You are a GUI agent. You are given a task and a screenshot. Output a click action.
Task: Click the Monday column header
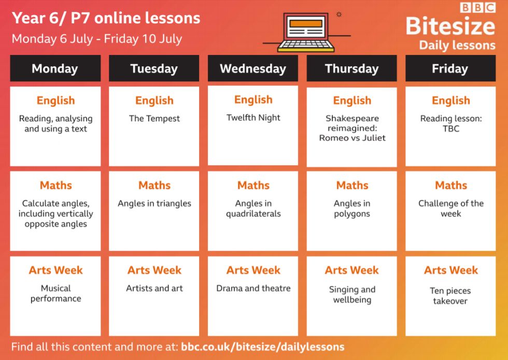pos(55,68)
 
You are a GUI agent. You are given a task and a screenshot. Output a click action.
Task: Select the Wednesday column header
pos(253,68)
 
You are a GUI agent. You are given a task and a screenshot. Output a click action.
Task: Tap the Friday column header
pos(450,68)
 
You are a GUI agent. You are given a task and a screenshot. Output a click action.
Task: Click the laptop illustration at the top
pos(306,32)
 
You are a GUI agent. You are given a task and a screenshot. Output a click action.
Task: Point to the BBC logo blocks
pos(478,7)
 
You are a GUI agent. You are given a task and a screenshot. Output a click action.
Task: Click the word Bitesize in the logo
pos(450,26)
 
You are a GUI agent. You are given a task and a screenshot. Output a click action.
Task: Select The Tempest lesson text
pos(154,119)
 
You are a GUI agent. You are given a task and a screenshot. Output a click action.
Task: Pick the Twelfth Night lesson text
pos(253,118)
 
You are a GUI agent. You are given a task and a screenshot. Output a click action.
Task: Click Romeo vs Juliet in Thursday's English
pos(352,138)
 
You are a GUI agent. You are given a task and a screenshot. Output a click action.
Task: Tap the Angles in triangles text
pos(154,203)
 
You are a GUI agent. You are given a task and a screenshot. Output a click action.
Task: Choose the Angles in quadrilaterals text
pos(253,208)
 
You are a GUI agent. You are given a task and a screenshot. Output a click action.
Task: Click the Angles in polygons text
pos(352,208)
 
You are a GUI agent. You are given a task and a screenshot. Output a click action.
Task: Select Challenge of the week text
pos(451,208)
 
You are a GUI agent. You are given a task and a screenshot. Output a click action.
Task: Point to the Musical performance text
pos(56,293)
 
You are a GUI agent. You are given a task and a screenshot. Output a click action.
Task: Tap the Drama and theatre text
pos(253,288)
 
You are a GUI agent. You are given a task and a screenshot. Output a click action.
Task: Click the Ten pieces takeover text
pos(450,296)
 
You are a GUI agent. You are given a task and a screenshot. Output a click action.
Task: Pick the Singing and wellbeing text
pos(352,295)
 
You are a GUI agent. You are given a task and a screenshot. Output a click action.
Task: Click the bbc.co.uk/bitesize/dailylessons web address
pos(262,347)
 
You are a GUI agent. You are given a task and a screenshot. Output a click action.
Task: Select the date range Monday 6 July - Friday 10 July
pos(97,39)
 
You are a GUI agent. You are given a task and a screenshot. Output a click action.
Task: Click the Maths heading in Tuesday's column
pos(154,185)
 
